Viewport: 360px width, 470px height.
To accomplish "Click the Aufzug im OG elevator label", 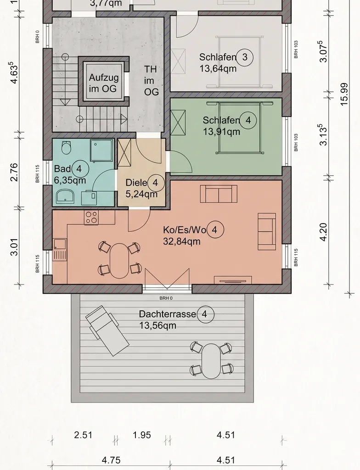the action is tap(103, 83).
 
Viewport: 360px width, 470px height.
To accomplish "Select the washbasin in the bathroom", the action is tap(65, 196).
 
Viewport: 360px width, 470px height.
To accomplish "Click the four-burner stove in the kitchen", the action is tap(91, 218).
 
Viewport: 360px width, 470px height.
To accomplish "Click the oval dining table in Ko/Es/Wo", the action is tap(119, 261).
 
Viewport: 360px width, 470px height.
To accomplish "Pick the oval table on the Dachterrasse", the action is tap(211, 361).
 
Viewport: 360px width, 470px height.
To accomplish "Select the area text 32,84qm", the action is tap(181, 241).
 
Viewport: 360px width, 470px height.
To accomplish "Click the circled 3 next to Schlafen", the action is tap(245, 57).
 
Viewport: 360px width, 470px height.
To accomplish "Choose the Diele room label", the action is tap(136, 183).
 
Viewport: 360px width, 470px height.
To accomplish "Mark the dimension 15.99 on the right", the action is tap(344, 94).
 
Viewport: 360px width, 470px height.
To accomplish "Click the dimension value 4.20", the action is tap(323, 232).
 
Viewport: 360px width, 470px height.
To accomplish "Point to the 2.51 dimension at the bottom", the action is tap(83, 435).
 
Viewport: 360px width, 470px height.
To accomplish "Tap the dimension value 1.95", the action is tap(141, 435).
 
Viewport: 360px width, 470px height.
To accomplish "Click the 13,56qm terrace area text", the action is tap(157, 325).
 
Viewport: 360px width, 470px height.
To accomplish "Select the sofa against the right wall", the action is tap(267, 231).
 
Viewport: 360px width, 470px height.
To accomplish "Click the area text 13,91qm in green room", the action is tap(221, 132).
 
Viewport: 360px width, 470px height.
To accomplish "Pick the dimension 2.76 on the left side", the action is tap(14, 173).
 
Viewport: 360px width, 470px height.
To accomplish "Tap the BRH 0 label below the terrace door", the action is tap(166, 298).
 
